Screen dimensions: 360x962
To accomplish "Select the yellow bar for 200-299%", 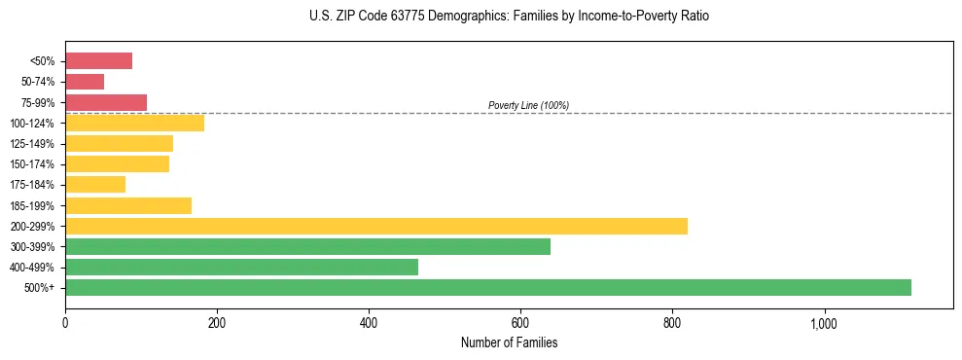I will pyautogui.click(x=376, y=226).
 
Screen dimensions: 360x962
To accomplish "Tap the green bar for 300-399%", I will pyautogui.click(x=307, y=246).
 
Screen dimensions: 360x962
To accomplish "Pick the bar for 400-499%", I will pyautogui.click(x=241, y=267).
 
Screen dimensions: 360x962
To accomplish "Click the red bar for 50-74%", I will pyautogui.click(x=85, y=82).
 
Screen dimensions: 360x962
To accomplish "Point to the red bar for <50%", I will pyautogui.click(x=98, y=61).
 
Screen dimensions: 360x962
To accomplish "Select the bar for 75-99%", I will pyautogui.click(x=106, y=102).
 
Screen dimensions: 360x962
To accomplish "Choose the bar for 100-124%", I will pyautogui.click(x=134, y=123).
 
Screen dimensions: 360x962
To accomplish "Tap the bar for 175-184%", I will pyautogui.click(x=95, y=185).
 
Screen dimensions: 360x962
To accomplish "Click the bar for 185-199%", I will pyautogui.click(x=128, y=205).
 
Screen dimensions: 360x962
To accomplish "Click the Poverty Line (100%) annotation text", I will pyautogui.click(x=528, y=105).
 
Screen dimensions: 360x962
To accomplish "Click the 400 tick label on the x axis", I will pyautogui.click(x=369, y=323).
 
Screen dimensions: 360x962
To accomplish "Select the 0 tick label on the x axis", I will pyautogui.click(x=65, y=323).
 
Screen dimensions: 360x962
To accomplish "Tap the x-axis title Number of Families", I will pyautogui.click(x=509, y=342).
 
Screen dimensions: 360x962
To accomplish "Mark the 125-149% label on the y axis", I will pyautogui.click(x=32, y=144).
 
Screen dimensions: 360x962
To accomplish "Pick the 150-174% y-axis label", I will pyautogui.click(x=32, y=164).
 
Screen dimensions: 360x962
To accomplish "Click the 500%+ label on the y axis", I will pyautogui.click(x=39, y=288).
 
